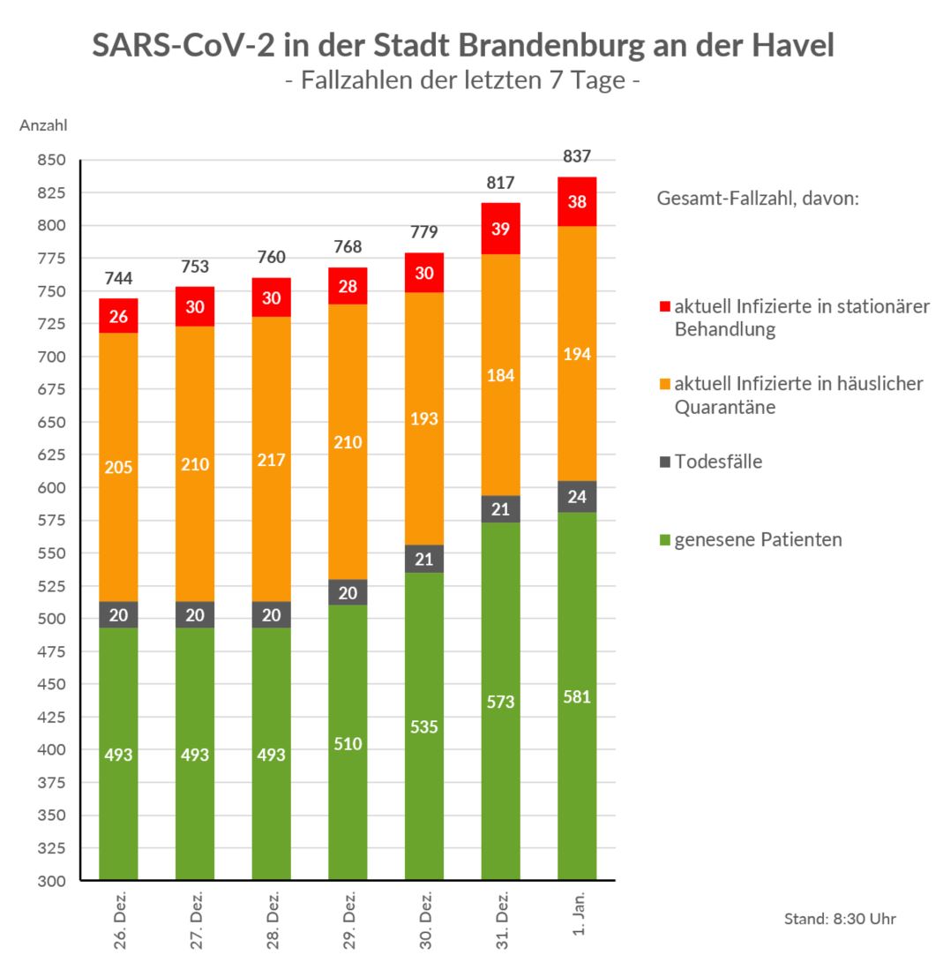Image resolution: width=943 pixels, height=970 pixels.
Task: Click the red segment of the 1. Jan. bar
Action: (577, 201)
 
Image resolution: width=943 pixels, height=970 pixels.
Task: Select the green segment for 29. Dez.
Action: (348, 742)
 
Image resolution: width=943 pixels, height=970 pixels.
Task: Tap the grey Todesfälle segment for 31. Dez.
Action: (500, 509)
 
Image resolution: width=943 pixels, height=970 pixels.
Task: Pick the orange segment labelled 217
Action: (271, 460)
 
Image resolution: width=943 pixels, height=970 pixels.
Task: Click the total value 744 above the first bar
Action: (118, 279)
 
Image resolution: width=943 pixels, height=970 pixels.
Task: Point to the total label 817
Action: (500, 183)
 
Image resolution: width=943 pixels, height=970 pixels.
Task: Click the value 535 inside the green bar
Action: (424, 727)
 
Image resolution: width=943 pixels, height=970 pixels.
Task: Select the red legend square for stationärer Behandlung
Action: (665, 307)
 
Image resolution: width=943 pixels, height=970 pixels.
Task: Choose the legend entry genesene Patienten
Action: (757, 539)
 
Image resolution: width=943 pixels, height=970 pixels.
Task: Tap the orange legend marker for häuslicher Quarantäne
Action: (665, 385)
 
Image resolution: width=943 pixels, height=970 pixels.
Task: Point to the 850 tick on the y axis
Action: (52, 161)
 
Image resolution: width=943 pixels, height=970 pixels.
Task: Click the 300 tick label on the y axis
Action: (52, 881)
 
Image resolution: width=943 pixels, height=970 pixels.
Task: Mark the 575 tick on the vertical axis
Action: (52, 521)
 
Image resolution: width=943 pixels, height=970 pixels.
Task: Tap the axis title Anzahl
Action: (43, 126)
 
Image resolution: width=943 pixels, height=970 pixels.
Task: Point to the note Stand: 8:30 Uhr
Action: (840, 919)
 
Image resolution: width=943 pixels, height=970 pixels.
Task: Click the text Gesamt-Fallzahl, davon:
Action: (758, 199)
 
